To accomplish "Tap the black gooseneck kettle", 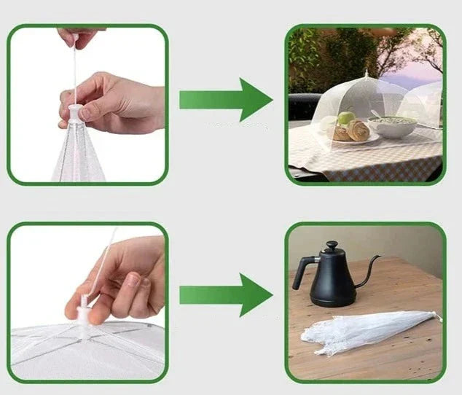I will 332,281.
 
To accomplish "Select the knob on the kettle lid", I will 332,246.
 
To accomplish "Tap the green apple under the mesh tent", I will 345,117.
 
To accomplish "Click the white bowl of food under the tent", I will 392,127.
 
